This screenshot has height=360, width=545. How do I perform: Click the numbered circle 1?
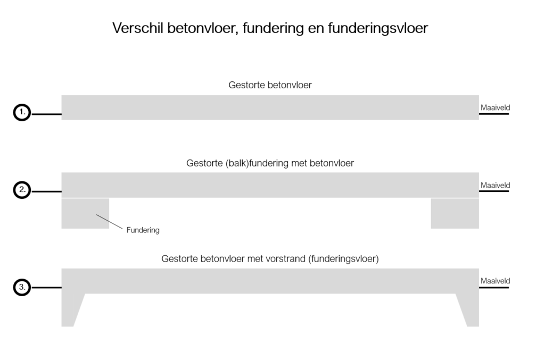pyautogui.click(x=22, y=113)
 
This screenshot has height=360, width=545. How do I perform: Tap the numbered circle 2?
pyautogui.click(x=22, y=190)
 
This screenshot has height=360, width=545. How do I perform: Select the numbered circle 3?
pyautogui.click(x=22, y=288)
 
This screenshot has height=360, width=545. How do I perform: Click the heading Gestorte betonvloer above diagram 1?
pyautogui.click(x=270, y=85)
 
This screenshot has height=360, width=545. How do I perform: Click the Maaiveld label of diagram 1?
pyautogui.click(x=496, y=107)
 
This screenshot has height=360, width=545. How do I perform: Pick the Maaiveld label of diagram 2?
pyautogui.click(x=496, y=186)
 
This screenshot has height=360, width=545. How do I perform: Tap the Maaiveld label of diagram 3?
pyautogui.click(x=496, y=281)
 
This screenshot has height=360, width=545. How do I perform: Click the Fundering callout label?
pyautogui.click(x=143, y=230)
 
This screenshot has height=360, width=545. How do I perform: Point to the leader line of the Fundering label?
pyautogui.click(x=110, y=222)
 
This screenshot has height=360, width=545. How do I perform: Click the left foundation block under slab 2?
pyautogui.click(x=85, y=213)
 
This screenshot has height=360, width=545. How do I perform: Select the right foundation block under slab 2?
pyautogui.click(x=455, y=213)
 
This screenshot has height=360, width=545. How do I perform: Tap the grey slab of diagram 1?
pyautogui.click(x=270, y=107)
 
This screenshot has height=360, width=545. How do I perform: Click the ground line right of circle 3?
pyautogui.click(x=47, y=288)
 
